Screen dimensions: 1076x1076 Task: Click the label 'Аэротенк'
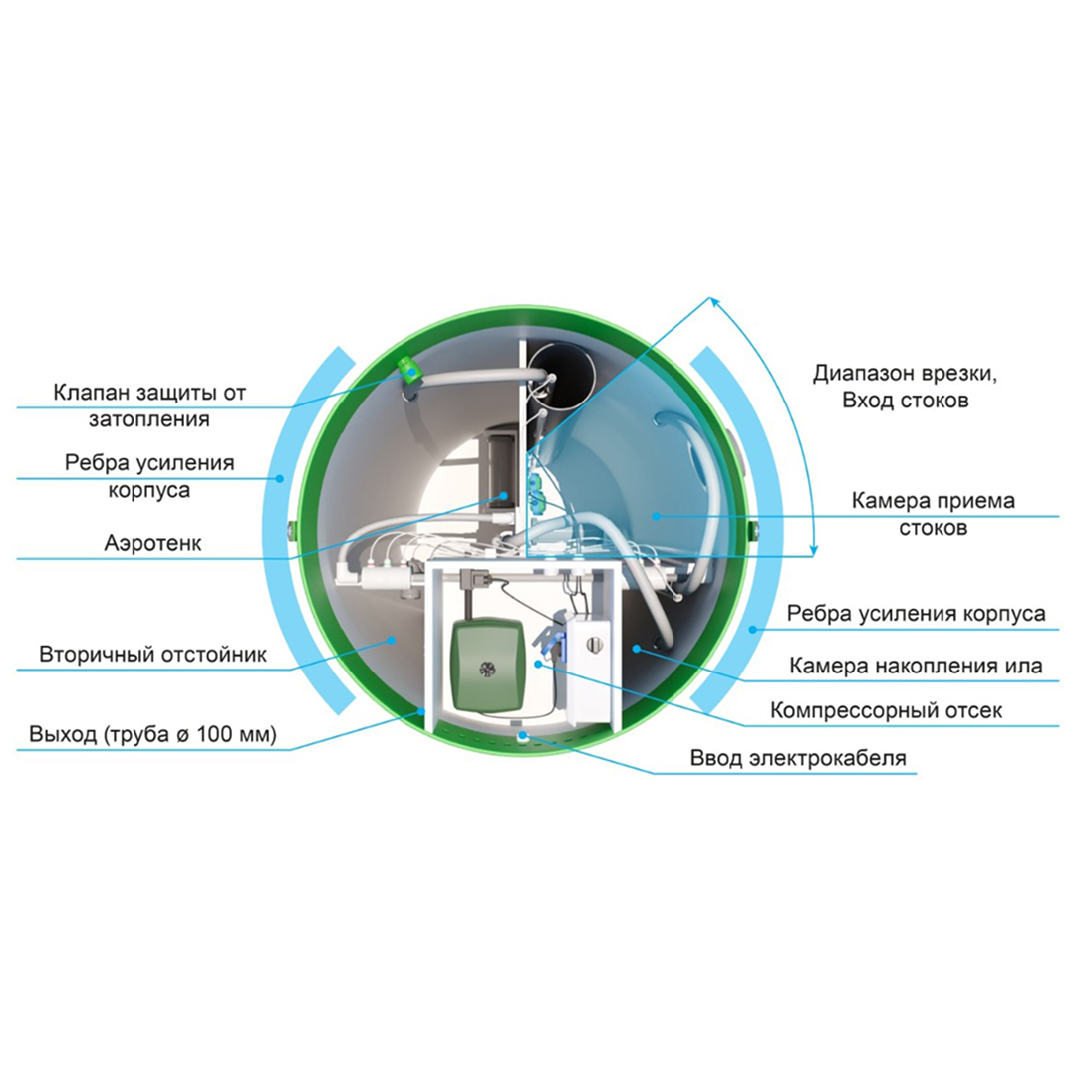pyautogui.click(x=153, y=544)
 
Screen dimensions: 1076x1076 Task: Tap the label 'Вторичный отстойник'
pyautogui.click(x=153, y=654)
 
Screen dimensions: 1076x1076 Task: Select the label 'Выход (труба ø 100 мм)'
pyautogui.click(x=153, y=734)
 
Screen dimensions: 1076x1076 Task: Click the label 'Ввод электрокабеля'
pyautogui.click(x=798, y=758)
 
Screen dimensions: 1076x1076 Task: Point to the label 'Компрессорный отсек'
pyautogui.click(x=886, y=711)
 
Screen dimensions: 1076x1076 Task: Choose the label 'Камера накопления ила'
pyautogui.click(x=916, y=666)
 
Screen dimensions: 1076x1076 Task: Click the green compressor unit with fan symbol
pyautogui.click(x=488, y=665)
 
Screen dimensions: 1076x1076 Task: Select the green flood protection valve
pyautogui.click(x=410, y=370)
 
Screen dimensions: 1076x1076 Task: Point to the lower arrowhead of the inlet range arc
pyautogui.click(x=814, y=550)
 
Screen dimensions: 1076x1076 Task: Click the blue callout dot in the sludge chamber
pyautogui.click(x=636, y=648)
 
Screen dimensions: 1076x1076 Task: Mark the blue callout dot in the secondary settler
pyautogui.click(x=392, y=640)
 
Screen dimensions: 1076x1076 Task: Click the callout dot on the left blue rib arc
pyautogui.click(x=279, y=478)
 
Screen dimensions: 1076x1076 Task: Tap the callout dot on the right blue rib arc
pyautogui.click(x=753, y=629)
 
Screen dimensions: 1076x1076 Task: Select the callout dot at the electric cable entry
pyautogui.click(x=522, y=735)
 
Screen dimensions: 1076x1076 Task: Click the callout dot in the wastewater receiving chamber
pyautogui.click(x=656, y=516)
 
